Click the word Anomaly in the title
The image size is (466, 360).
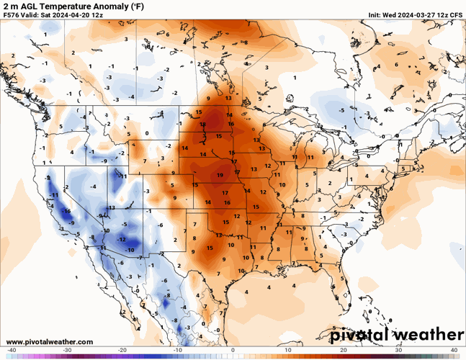click(115, 5)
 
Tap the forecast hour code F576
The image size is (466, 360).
click(13, 14)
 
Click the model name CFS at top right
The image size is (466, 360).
click(456, 14)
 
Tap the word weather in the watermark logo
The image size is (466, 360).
click(428, 335)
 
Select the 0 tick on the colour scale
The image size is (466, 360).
click(233, 350)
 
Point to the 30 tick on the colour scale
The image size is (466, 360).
click(398, 350)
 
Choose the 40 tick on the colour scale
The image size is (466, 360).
click(454, 350)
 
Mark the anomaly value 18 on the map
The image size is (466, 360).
click(203, 125)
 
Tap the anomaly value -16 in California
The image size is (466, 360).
click(66, 211)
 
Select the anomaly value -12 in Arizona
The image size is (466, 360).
click(122, 239)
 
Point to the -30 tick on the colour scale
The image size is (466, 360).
click(67, 350)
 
